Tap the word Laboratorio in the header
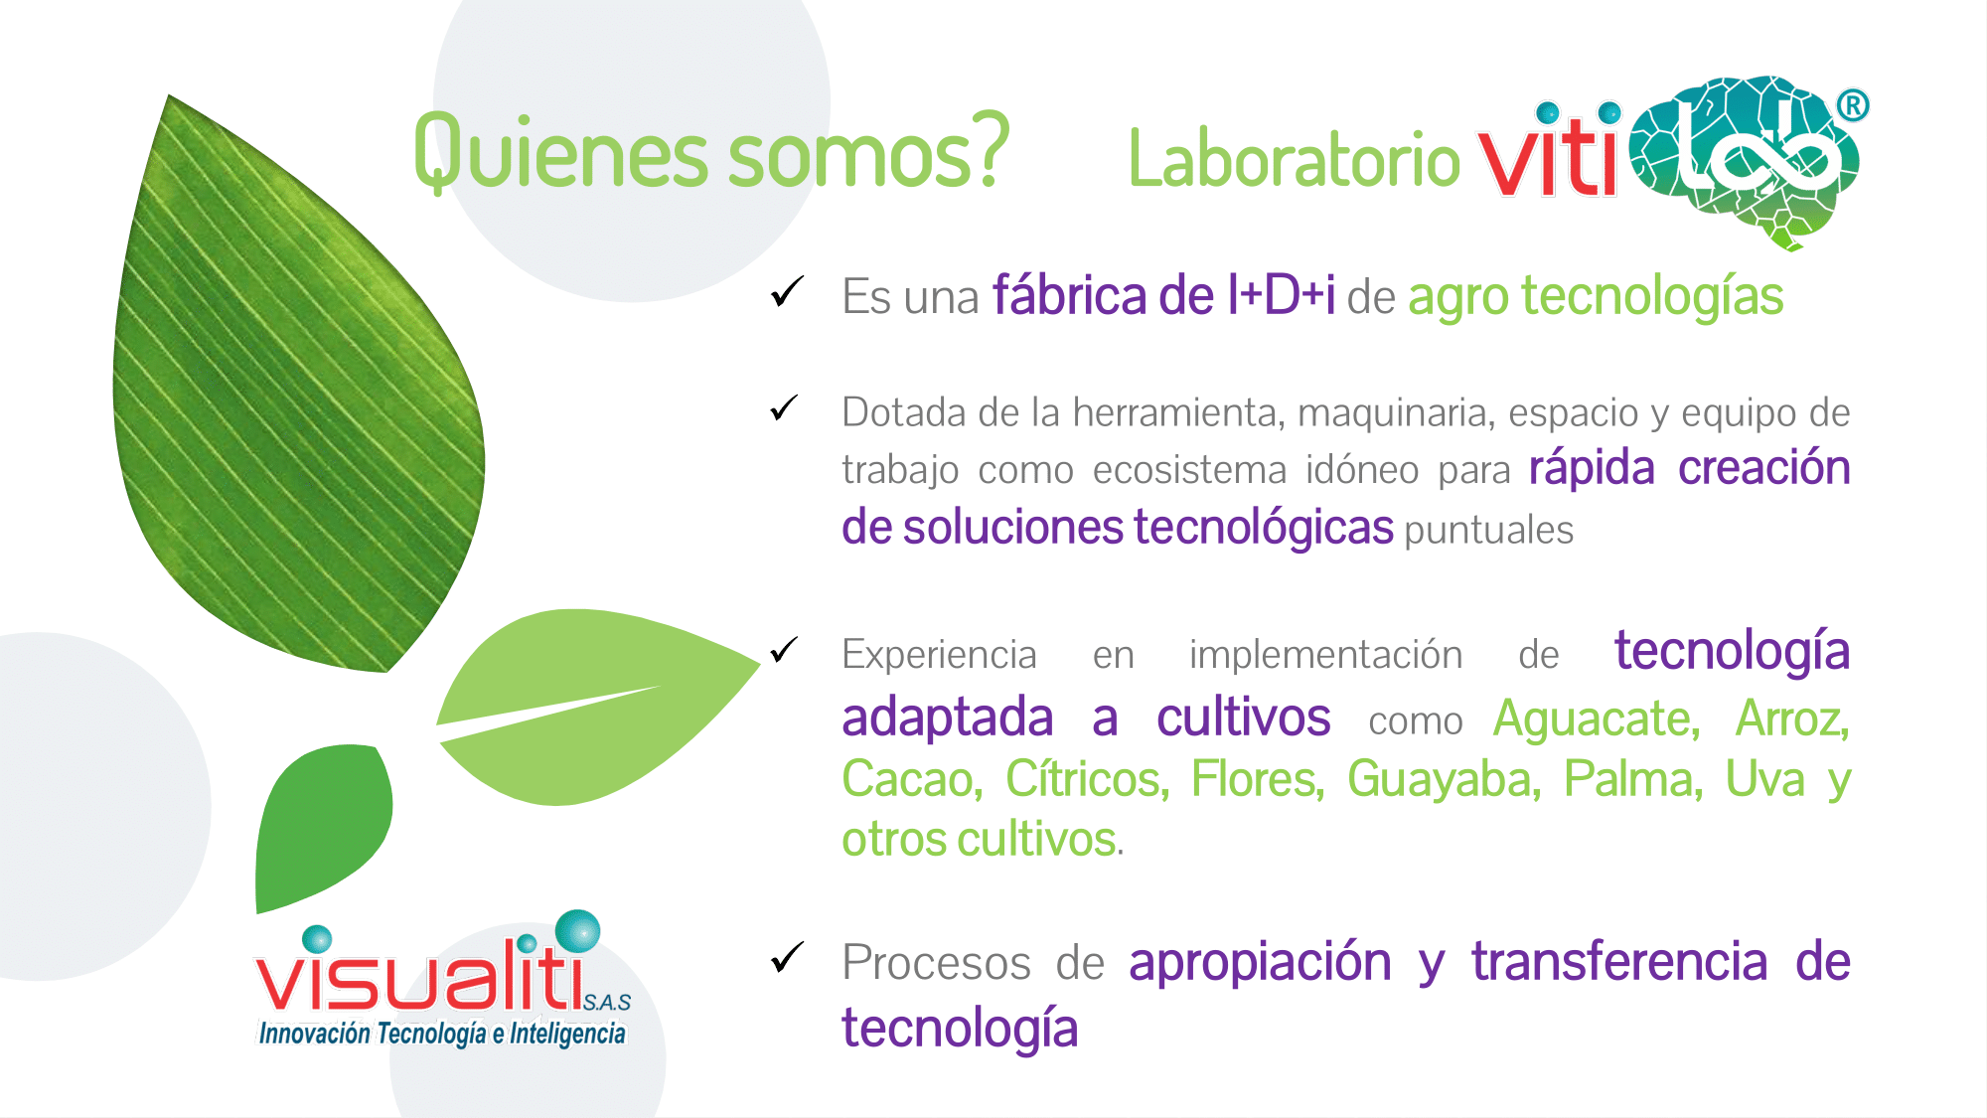click(1295, 160)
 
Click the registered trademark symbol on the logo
click(1853, 105)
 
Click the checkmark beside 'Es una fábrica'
click(787, 292)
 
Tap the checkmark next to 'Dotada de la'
click(784, 407)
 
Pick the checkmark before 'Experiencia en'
click(784, 650)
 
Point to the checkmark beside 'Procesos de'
click(787, 957)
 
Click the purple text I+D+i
click(1282, 295)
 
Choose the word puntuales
click(1489, 531)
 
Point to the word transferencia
click(1619, 961)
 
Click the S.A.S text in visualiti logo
click(607, 1003)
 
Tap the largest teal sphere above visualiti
click(577, 931)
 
